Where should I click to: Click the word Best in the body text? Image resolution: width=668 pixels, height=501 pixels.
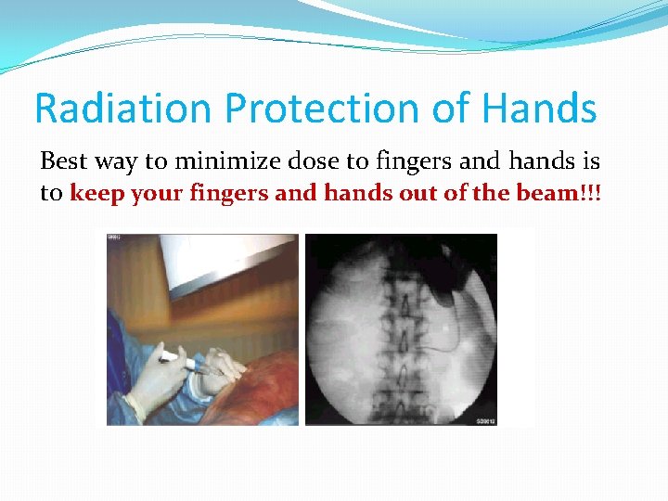tap(64, 161)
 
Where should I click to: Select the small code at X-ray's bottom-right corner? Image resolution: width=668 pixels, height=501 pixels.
tap(483, 419)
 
